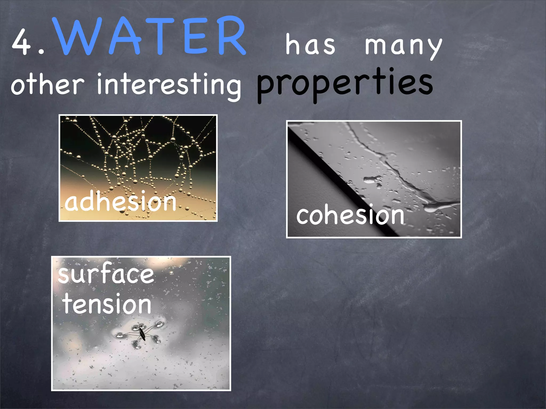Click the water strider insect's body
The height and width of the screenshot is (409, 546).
(141, 333)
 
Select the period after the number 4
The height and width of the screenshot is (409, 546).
(41, 52)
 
